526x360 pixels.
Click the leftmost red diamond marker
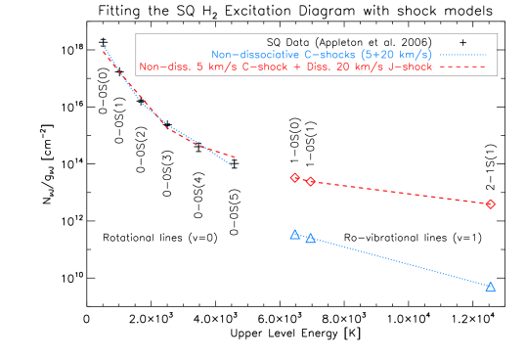point(294,178)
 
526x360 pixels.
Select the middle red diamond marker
point(310,182)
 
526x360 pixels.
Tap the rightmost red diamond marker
point(490,204)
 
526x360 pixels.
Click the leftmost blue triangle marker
point(294,235)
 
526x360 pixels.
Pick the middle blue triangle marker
point(310,239)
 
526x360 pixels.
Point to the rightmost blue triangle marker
point(490,287)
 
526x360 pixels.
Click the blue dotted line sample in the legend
point(462,55)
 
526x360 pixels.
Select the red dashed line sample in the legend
point(462,67)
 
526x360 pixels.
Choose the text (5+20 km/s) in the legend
point(395,55)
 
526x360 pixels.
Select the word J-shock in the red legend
point(412,67)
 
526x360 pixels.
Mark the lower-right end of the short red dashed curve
point(234,157)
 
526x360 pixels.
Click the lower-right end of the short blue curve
point(234,165)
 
